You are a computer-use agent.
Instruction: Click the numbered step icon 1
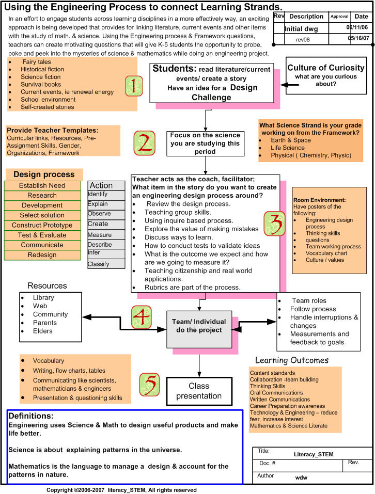134,86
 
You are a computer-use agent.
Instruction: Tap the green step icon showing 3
275,223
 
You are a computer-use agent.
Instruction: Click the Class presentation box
198,391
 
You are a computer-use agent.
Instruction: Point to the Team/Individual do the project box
199,326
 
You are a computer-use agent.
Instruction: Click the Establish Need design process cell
42,186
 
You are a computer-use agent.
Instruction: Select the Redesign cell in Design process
42,255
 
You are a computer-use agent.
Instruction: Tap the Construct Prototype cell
42,226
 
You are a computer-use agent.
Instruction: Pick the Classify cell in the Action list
106,264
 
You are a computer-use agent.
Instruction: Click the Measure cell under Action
106,235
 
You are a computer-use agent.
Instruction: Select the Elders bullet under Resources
43,331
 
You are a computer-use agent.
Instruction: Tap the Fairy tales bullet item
37,62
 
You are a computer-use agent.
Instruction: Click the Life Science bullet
289,148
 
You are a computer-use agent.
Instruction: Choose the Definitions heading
31,416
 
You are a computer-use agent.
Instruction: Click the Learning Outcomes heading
292,360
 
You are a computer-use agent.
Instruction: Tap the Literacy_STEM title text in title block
313,454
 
